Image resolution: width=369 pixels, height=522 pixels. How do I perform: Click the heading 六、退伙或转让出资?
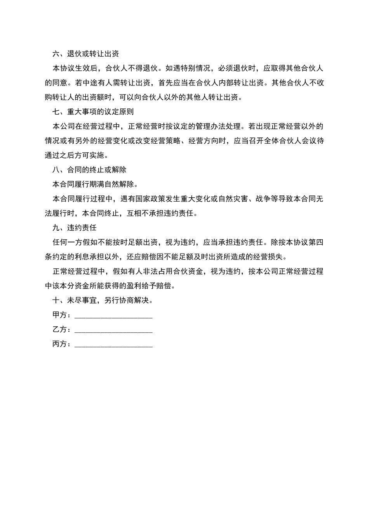point(85,54)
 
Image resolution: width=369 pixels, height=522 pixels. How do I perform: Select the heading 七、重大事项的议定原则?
point(93,112)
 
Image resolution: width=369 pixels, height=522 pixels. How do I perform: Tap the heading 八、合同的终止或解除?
point(89,170)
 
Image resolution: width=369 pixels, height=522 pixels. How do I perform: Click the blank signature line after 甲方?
point(113,315)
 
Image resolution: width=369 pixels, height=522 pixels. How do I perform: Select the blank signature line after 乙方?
point(113,330)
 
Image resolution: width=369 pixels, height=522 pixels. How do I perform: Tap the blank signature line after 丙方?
point(113,344)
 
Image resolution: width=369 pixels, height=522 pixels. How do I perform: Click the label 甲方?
point(59,315)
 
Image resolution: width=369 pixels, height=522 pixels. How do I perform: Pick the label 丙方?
point(59,344)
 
